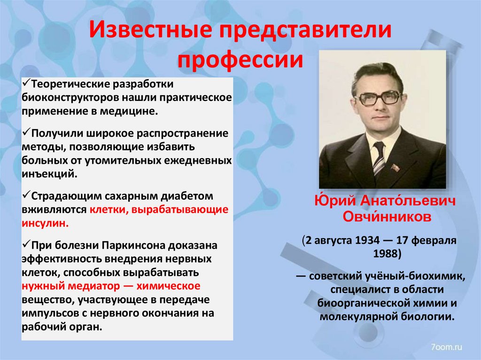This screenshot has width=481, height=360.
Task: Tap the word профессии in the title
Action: (240, 61)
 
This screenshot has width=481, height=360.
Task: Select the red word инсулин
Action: (45, 222)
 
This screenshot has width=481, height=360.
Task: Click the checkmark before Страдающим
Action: (26, 194)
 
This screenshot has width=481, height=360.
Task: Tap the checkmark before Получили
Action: (26, 133)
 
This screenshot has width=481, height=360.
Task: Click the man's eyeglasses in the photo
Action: (378, 98)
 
